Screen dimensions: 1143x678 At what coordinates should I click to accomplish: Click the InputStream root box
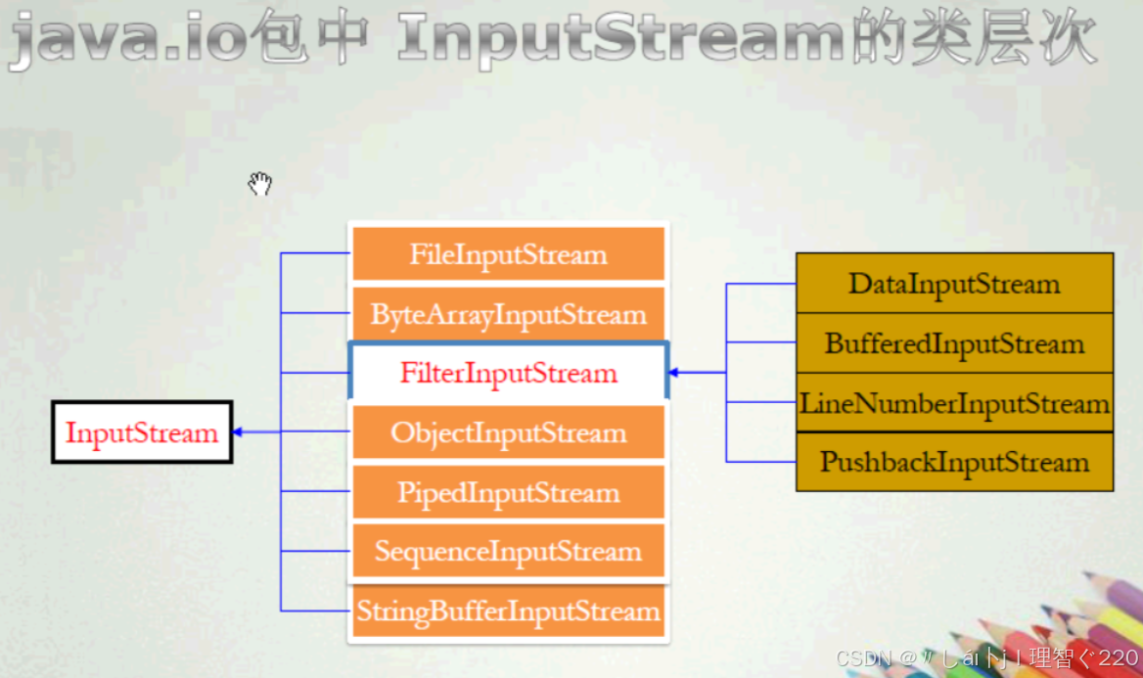pos(142,432)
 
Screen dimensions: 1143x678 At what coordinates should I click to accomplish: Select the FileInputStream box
pos(508,254)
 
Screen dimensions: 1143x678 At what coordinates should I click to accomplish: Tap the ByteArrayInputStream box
pos(508,314)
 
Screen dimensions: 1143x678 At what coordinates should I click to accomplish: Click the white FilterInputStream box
pos(508,373)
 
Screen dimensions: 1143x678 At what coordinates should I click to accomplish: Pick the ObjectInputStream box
pos(508,432)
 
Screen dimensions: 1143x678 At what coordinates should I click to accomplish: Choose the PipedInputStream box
pos(508,492)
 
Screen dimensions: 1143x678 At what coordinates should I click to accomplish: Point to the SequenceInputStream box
pos(508,551)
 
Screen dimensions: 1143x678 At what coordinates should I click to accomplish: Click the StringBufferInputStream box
pos(508,611)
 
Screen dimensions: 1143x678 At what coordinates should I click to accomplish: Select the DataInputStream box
pos(954,284)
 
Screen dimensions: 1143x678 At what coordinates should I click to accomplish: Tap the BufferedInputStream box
pos(954,343)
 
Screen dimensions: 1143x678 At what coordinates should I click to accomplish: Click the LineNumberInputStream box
pos(954,403)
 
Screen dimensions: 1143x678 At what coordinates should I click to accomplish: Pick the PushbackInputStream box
pos(954,462)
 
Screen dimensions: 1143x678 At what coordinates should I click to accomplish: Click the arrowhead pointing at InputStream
pos(238,431)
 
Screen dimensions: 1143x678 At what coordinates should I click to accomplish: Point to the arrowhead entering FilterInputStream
pos(674,373)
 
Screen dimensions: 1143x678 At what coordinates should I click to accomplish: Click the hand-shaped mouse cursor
pos(259,183)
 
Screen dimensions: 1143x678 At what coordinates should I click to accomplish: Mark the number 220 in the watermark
pos(1118,658)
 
